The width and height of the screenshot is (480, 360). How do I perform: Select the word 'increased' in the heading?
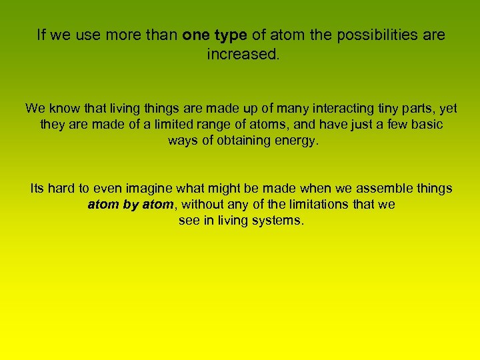(242, 54)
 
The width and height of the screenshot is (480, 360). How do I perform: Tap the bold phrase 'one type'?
(215, 35)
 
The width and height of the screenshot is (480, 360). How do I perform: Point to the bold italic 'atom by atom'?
(130, 205)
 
